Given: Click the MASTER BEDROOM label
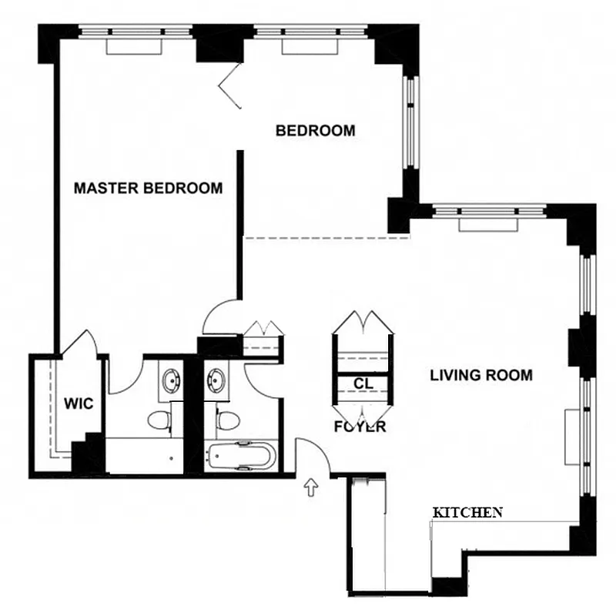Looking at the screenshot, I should point(148,188).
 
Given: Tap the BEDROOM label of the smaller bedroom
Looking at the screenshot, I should point(316,131).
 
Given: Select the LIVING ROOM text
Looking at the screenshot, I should point(480,376).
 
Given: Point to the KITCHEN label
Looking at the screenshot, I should point(467,512).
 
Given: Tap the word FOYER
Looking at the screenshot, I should point(360,427).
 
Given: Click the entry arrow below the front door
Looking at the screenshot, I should point(311,487).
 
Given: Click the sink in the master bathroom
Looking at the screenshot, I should point(170,380).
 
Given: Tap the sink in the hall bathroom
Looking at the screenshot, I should point(216,380).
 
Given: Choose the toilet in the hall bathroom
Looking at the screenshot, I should point(226,422).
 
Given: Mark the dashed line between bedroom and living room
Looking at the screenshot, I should point(326,238).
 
